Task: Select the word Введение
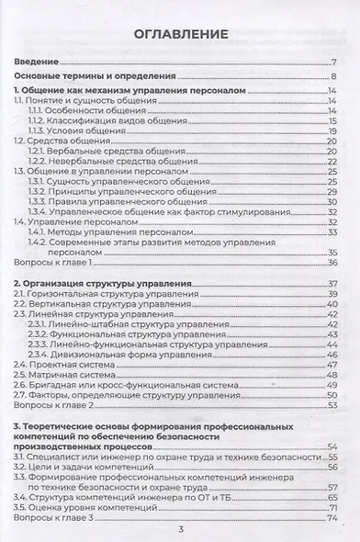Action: pos(39,62)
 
